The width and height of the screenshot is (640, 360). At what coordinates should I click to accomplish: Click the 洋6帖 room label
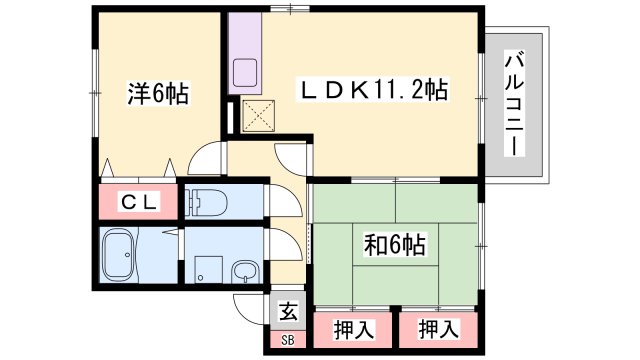pos(158,94)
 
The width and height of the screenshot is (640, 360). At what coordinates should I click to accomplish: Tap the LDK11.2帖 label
pos(372,90)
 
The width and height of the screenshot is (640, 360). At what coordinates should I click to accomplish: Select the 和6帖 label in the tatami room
pos(395,245)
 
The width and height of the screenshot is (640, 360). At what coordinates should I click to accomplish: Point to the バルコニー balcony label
pos(514,103)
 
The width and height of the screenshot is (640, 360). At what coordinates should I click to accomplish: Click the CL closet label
pos(140,202)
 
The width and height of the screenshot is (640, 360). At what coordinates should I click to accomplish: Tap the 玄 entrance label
pos(288,312)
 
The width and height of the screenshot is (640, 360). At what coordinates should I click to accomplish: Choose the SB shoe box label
pos(288,340)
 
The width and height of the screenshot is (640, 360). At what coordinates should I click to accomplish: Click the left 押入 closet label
pos(353,330)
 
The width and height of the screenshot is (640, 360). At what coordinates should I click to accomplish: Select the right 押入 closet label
pos(439,329)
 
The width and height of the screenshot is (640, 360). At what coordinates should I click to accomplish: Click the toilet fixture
pos(206,202)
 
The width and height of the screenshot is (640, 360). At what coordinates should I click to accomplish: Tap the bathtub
pos(118,255)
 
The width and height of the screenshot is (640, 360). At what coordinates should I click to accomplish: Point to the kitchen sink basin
pos(245,72)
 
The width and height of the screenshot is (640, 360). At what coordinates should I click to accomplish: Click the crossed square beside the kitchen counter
pos(259,116)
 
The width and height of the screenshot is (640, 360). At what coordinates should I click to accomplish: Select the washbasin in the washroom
pos(245,273)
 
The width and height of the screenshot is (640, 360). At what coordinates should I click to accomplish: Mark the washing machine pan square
pos(208,269)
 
